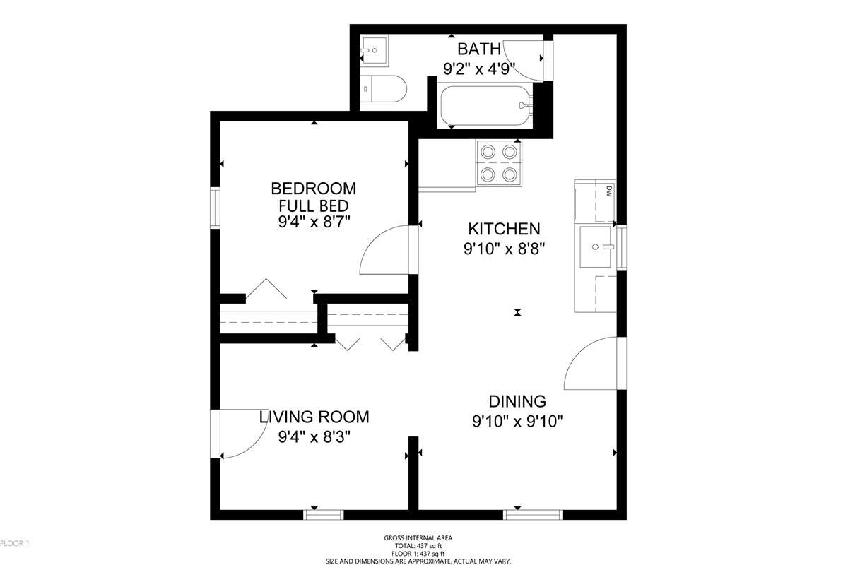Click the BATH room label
(x=479, y=49)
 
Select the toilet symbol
(x=383, y=89)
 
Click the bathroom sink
(x=374, y=51)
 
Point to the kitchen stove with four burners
(x=499, y=163)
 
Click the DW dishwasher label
(x=609, y=191)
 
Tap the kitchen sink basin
(x=596, y=246)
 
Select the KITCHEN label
(x=504, y=229)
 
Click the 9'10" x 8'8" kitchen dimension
(x=505, y=249)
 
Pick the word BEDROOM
(x=314, y=189)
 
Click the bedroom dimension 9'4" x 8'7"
(x=314, y=222)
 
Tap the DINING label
(x=517, y=401)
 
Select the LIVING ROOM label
(x=314, y=417)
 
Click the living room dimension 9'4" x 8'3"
(x=314, y=437)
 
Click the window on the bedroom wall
(x=215, y=208)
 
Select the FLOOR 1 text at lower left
(x=14, y=543)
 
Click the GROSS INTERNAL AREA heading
(x=418, y=537)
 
